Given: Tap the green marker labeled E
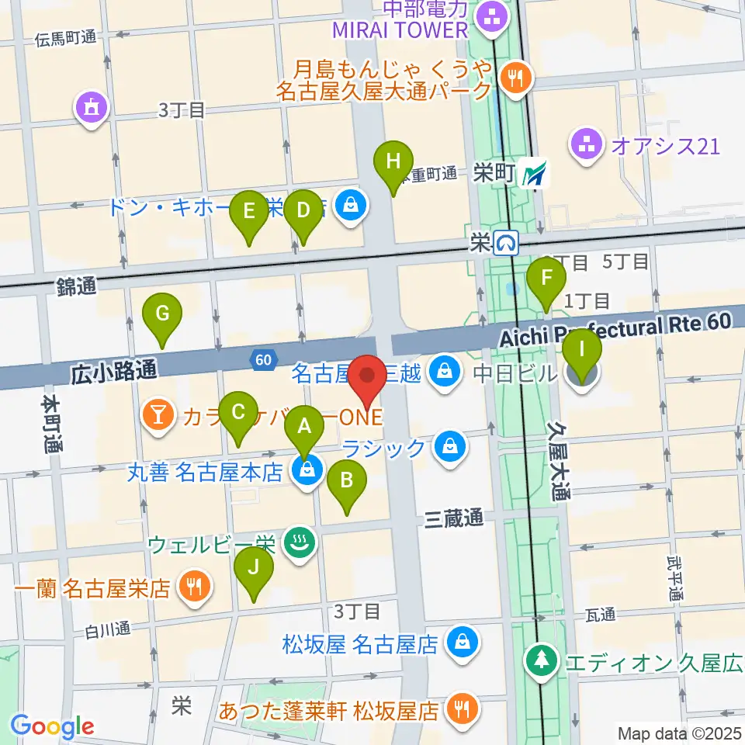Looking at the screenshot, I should (x=249, y=210).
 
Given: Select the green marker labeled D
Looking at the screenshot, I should (x=303, y=210).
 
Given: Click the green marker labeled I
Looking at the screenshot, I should (x=581, y=350).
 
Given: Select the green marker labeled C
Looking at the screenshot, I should (x=238, y=412).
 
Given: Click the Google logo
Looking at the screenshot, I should (x=52, y=726).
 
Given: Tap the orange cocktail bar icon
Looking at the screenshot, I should (x=158, y=415).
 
